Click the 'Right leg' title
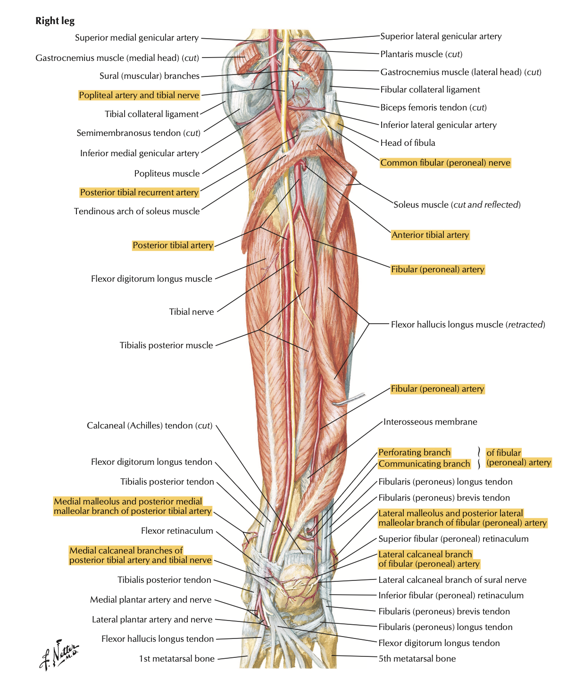[x=55, y=21]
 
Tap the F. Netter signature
[x=59, y=654]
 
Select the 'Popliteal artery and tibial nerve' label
[x=139, y=95]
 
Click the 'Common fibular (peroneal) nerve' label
[x=445, y=163]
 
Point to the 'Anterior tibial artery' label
[x=430, y=235]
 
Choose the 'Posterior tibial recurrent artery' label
[x=140, y=193]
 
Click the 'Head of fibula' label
[x=408, y=143]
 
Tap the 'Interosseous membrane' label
[x=430, y=422]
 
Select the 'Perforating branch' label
[x=414, y=453]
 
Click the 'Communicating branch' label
[x=424, y=464]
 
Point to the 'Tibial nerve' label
[x=192, y=311]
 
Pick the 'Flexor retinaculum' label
[x=177, y=530]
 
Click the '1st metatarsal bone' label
[x=177, y=658]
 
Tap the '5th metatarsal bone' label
[x=417, y=658]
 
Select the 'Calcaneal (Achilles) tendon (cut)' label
[x=150, y=425]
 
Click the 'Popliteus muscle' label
[x=167, y=173]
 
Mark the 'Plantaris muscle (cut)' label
[x=421, y=54]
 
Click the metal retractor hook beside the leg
[x=350, y=399]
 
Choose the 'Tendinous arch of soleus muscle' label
[x=137, y=211]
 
